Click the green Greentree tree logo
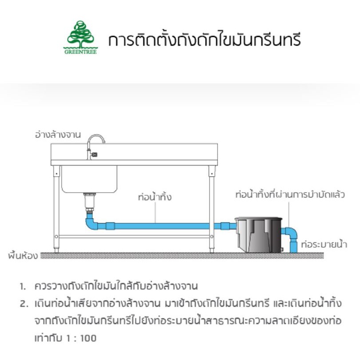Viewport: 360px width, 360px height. coord(80,37)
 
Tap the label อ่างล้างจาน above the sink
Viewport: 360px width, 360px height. coord(58,135)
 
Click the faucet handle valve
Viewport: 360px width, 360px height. coord(94,154)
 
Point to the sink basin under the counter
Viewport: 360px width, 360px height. coord(89,179)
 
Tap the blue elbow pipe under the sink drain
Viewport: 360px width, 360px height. coord(91,222)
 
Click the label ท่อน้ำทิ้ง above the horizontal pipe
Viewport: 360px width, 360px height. coord(155,197)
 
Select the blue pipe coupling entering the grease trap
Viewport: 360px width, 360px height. coord(225,226)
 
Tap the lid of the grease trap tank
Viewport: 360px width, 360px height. coord(258,218)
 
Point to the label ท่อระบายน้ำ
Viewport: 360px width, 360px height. coord(324,244)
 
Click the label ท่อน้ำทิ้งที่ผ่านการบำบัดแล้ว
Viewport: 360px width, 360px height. coord(290,194)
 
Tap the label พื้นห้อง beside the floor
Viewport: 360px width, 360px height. coord(23,256)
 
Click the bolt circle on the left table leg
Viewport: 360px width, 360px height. coord(56,237)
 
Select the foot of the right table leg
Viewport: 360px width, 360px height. coord(212,250)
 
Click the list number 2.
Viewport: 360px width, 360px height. coord(24,304)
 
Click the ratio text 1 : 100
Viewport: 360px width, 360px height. coord(81,338)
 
